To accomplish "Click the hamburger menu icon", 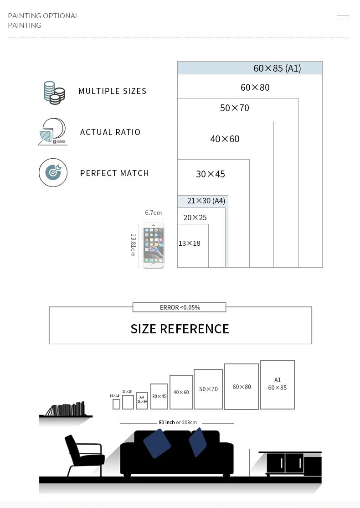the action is (343, 16).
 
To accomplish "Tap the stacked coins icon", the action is (54, 93).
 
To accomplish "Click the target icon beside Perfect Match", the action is (53, 172).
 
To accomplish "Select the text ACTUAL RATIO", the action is (110, 132).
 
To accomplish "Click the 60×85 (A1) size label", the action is (277, 68).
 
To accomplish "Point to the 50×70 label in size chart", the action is (235, 108).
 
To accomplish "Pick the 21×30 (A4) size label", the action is (206, 201).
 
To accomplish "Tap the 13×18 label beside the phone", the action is (190, 244).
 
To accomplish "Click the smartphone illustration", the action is (153, 245).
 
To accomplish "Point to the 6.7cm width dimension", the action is (153, 213).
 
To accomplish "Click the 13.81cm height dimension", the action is (134, 245).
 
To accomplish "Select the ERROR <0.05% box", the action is (180, 307).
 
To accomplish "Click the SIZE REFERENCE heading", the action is (180, 329).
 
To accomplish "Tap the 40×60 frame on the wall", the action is (181, 392).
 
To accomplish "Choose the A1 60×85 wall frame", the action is (277, 384).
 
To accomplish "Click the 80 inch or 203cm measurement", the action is (177, 423).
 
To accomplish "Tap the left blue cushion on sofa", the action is (157, 443).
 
